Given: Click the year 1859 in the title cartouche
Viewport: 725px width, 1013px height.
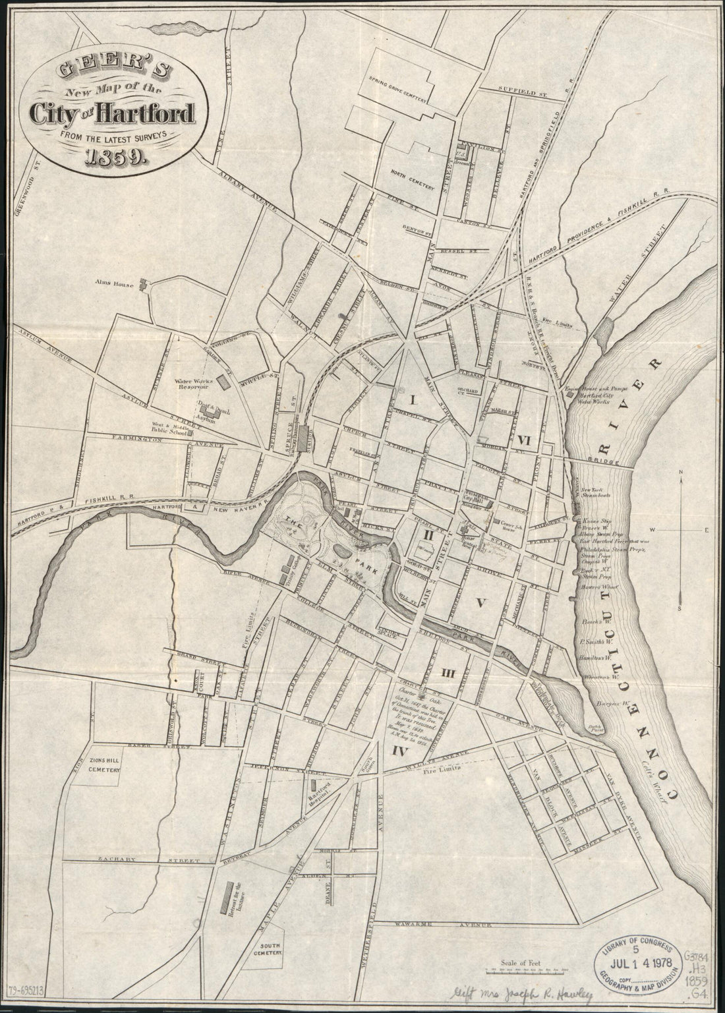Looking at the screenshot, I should [115, 159].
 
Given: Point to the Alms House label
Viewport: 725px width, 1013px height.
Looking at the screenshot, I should [113, 285].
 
